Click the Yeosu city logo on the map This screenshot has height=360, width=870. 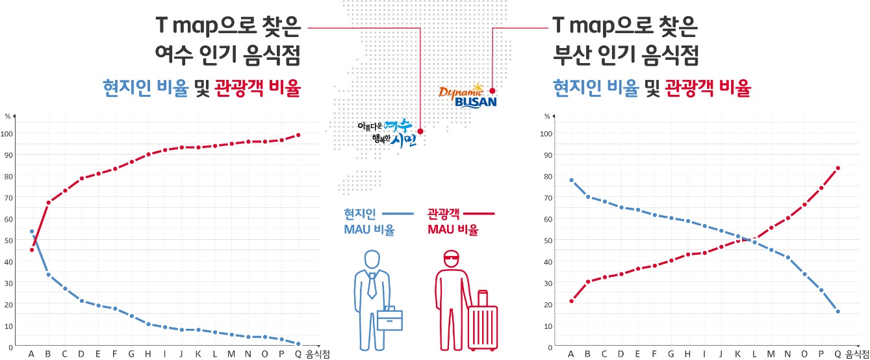tap(387, 133)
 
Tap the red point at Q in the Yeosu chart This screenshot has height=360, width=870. tap(298, 135)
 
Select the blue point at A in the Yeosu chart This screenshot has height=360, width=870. tap(32, 231)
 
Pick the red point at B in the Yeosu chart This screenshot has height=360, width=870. tap(48, 203)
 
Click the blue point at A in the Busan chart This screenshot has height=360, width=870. tap(571, 180)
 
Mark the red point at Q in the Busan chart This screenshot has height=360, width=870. tap(838, 168)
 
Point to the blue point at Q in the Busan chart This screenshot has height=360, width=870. tap(838, 311)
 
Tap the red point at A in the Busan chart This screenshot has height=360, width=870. tap(571, 301)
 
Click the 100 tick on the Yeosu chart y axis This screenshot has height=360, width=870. tap(8, 133)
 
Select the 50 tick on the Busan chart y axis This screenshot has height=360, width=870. tap(547, 240)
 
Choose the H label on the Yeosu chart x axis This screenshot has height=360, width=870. tap(148, 354)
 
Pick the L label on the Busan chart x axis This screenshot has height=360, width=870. tap(754, 354)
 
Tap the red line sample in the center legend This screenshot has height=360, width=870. tap(480, 213)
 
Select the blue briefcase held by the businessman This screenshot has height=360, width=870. tap(390, 318)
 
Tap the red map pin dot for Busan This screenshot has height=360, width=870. tap(493, 90)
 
